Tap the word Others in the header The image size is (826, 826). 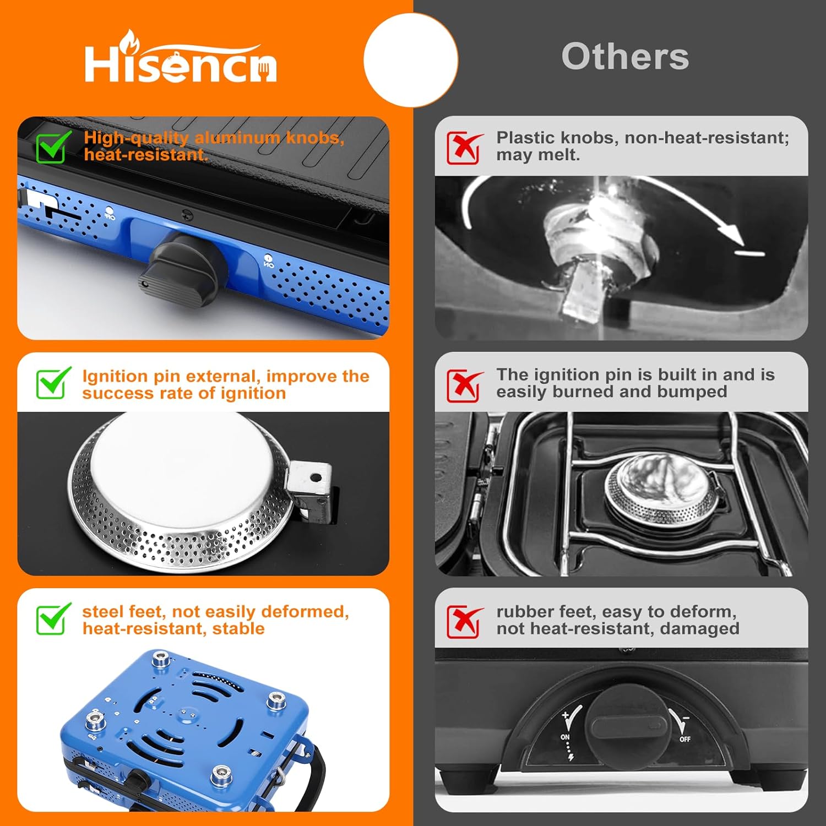pos(625,56)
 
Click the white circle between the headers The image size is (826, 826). pos(411,60)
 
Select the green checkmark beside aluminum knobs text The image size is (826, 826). pos(53,146)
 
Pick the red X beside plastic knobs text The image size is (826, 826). pos(464,147)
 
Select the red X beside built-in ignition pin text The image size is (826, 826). pos(464,385)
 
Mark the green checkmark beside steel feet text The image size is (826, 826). pos(53,618)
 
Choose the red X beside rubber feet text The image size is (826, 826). pos(464,621)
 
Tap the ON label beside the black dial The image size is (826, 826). pos(566,737)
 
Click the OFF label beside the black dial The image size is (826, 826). pos(684,739)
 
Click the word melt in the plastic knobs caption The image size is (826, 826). pos(561,155)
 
